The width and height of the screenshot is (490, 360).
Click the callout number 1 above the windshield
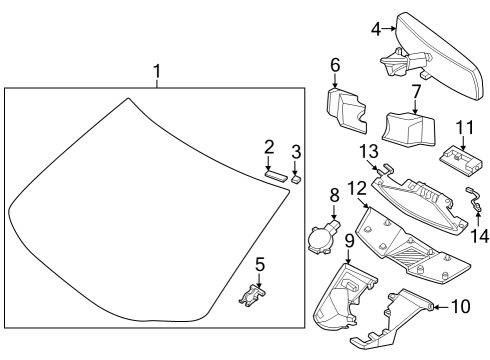coord(156,72)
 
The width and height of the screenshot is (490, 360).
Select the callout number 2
coord(269,148)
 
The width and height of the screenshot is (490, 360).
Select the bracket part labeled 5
coord(254,294)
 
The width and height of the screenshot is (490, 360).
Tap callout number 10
coord(459,305)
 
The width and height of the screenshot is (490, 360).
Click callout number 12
coord(357,189)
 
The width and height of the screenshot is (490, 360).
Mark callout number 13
coord(368,150)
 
